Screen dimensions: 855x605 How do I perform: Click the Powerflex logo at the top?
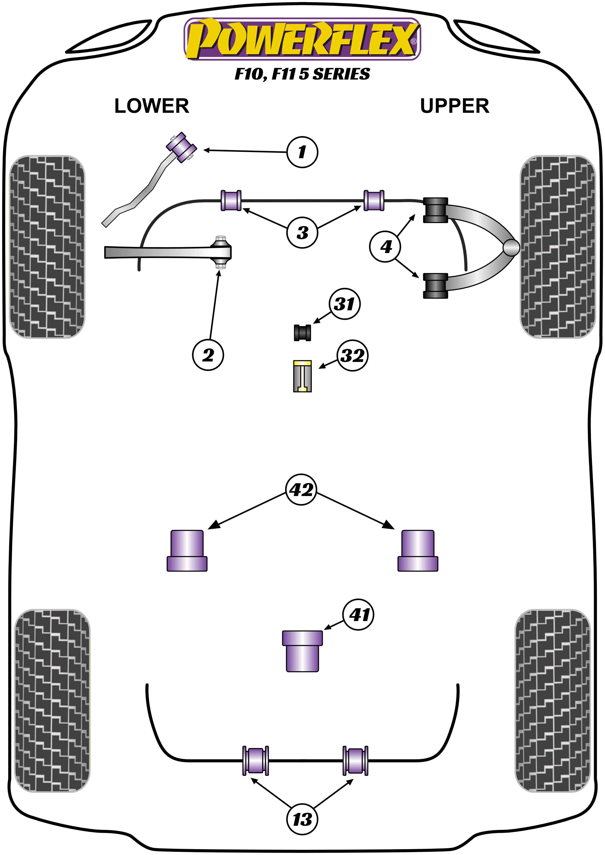pos(302,39)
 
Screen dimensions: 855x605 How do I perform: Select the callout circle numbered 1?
pos(302,152)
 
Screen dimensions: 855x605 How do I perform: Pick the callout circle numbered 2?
pos(208,355)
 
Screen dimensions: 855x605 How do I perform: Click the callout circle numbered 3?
pos(302,232)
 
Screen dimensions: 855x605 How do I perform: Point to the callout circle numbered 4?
pos(385,246)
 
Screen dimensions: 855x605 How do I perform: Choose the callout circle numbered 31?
pos(345,304)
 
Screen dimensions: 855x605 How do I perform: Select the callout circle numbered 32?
pos(352,355)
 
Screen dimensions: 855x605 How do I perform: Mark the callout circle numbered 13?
pos(302,819)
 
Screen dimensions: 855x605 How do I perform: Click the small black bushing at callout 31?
pos(302,332)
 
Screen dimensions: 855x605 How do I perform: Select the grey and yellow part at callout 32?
pos(302,376)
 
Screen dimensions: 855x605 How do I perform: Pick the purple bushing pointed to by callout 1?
pos(181,147)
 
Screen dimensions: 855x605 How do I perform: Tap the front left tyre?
pos(47,246)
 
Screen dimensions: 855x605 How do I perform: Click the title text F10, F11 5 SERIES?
pos(302,74)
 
